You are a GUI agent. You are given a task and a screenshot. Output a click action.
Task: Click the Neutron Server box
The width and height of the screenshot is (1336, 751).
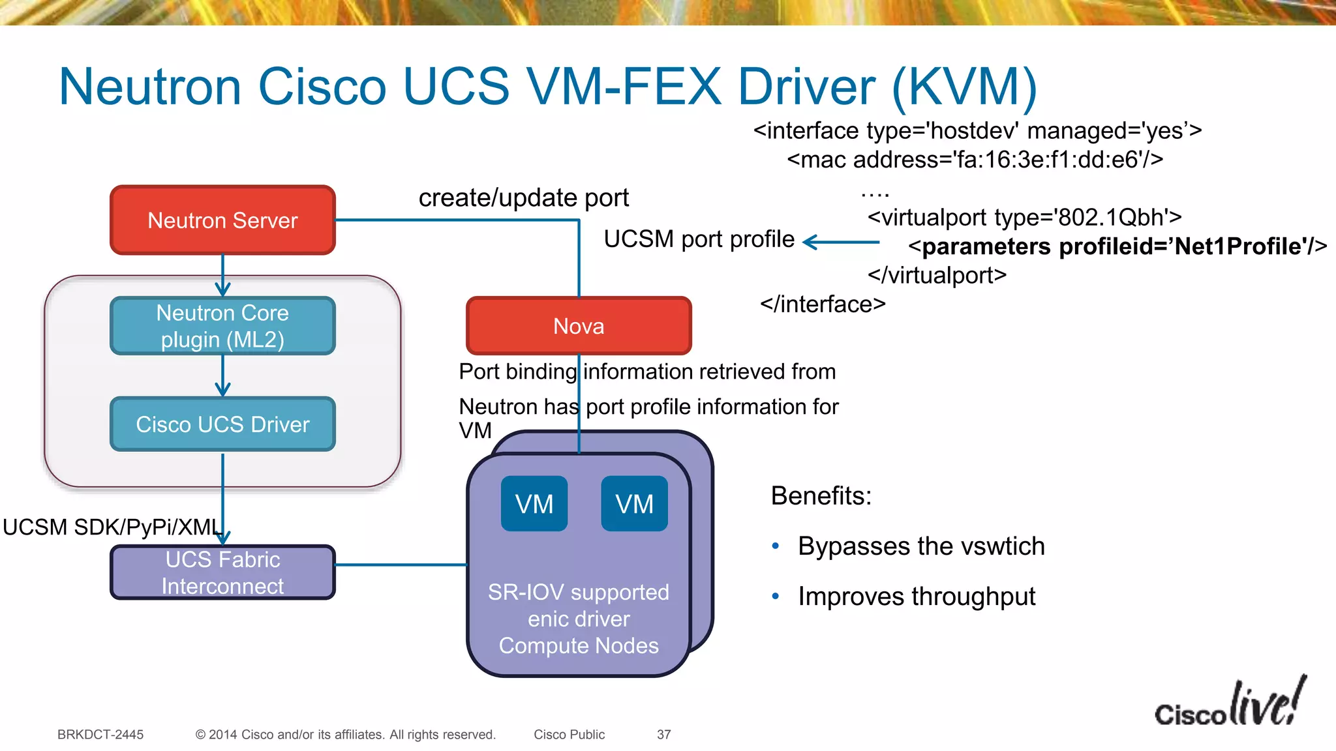point(222,220)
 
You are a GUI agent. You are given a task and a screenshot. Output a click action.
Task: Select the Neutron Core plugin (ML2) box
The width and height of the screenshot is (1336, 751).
point(222,326)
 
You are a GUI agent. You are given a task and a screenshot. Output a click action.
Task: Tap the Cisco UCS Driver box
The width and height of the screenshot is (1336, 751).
point(222,424)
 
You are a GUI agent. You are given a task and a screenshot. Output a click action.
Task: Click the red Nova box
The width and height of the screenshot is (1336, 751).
point(579,326)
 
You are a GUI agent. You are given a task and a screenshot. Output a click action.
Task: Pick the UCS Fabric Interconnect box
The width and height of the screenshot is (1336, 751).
point(222,572)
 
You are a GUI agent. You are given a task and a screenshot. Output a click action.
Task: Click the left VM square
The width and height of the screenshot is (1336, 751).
point(534,504)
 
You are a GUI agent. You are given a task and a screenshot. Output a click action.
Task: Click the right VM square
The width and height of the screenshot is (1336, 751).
point(634,504)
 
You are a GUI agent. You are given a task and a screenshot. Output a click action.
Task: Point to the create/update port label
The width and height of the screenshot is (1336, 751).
point(523,198)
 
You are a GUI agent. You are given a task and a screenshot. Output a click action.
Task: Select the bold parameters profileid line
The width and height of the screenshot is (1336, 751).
point(1117,246)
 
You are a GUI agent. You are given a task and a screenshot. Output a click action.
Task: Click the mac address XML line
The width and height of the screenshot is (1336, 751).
point(975,160)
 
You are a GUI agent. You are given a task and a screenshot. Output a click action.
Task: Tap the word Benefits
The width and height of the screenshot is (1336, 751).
point(821,496)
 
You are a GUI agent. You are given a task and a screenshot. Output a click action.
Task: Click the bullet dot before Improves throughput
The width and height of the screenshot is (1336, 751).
point(776,596)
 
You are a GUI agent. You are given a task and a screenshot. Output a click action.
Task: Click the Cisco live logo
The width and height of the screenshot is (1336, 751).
point(1230,704)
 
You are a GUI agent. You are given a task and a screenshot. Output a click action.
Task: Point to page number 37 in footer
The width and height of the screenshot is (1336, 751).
point(663,735)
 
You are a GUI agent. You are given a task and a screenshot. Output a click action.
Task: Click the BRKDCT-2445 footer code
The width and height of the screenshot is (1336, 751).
point(100,735)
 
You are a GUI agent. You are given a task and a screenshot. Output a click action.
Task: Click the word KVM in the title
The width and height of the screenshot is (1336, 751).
point(964,87)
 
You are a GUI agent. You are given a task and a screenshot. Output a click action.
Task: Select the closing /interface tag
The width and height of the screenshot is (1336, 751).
point(823,304)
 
